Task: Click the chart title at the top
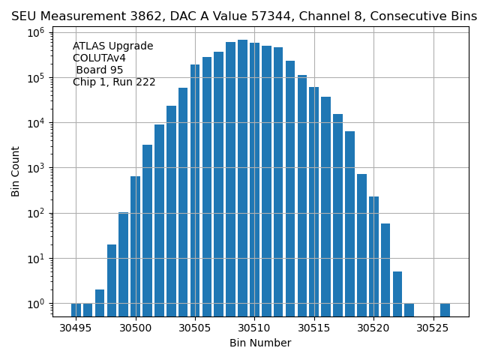point(244,16)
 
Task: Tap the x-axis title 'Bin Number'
point(260,343)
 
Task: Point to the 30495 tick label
point(76,328)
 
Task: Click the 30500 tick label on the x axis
point(135,328)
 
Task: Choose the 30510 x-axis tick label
point(254,328)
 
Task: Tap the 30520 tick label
point(373,328)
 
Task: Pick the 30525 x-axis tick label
point(433,328)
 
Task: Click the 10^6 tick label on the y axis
point(37,32)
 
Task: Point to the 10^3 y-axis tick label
point(37,168)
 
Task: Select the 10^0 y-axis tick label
point(37,304)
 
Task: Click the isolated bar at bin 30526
point(445,309)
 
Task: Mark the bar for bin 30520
point(373,256)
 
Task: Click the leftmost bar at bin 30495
point(76,309)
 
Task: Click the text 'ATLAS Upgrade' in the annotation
point(112,46)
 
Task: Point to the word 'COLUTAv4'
point(99,58)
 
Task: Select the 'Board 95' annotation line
point(99,70)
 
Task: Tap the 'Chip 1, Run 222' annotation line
point(114,82)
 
